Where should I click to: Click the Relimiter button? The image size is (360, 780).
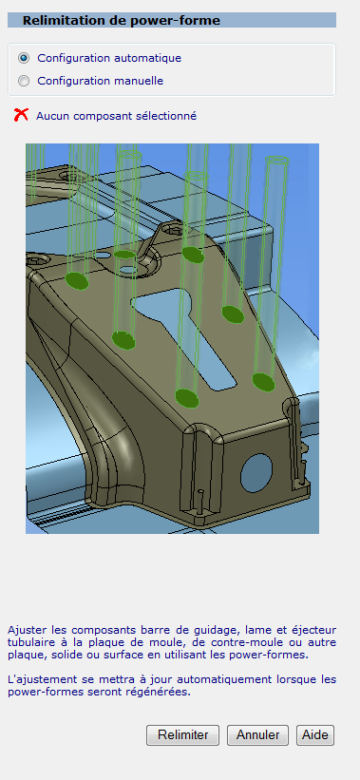[182, 734]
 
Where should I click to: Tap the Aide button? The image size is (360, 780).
[315, 734]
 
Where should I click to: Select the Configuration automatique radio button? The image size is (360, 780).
[24, 58]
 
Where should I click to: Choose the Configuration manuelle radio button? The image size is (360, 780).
[24, 81]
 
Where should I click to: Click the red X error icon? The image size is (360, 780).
[21, 115]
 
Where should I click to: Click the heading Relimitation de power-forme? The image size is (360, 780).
[122, 20]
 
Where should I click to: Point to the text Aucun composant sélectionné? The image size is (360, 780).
[116, 116]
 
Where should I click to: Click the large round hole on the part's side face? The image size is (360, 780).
[256, 472]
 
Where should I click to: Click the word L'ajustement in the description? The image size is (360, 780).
[37, 679]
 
